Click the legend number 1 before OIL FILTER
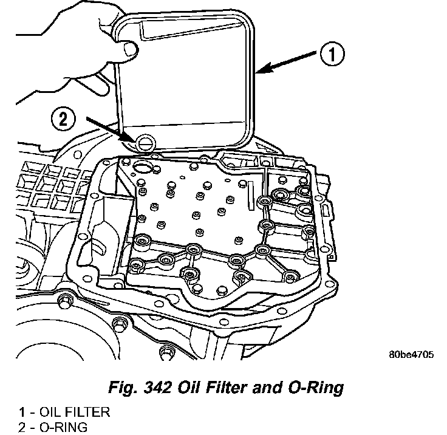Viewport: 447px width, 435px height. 21,413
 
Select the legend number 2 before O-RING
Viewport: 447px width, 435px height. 21,427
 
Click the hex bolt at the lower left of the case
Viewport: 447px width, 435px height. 63,300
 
